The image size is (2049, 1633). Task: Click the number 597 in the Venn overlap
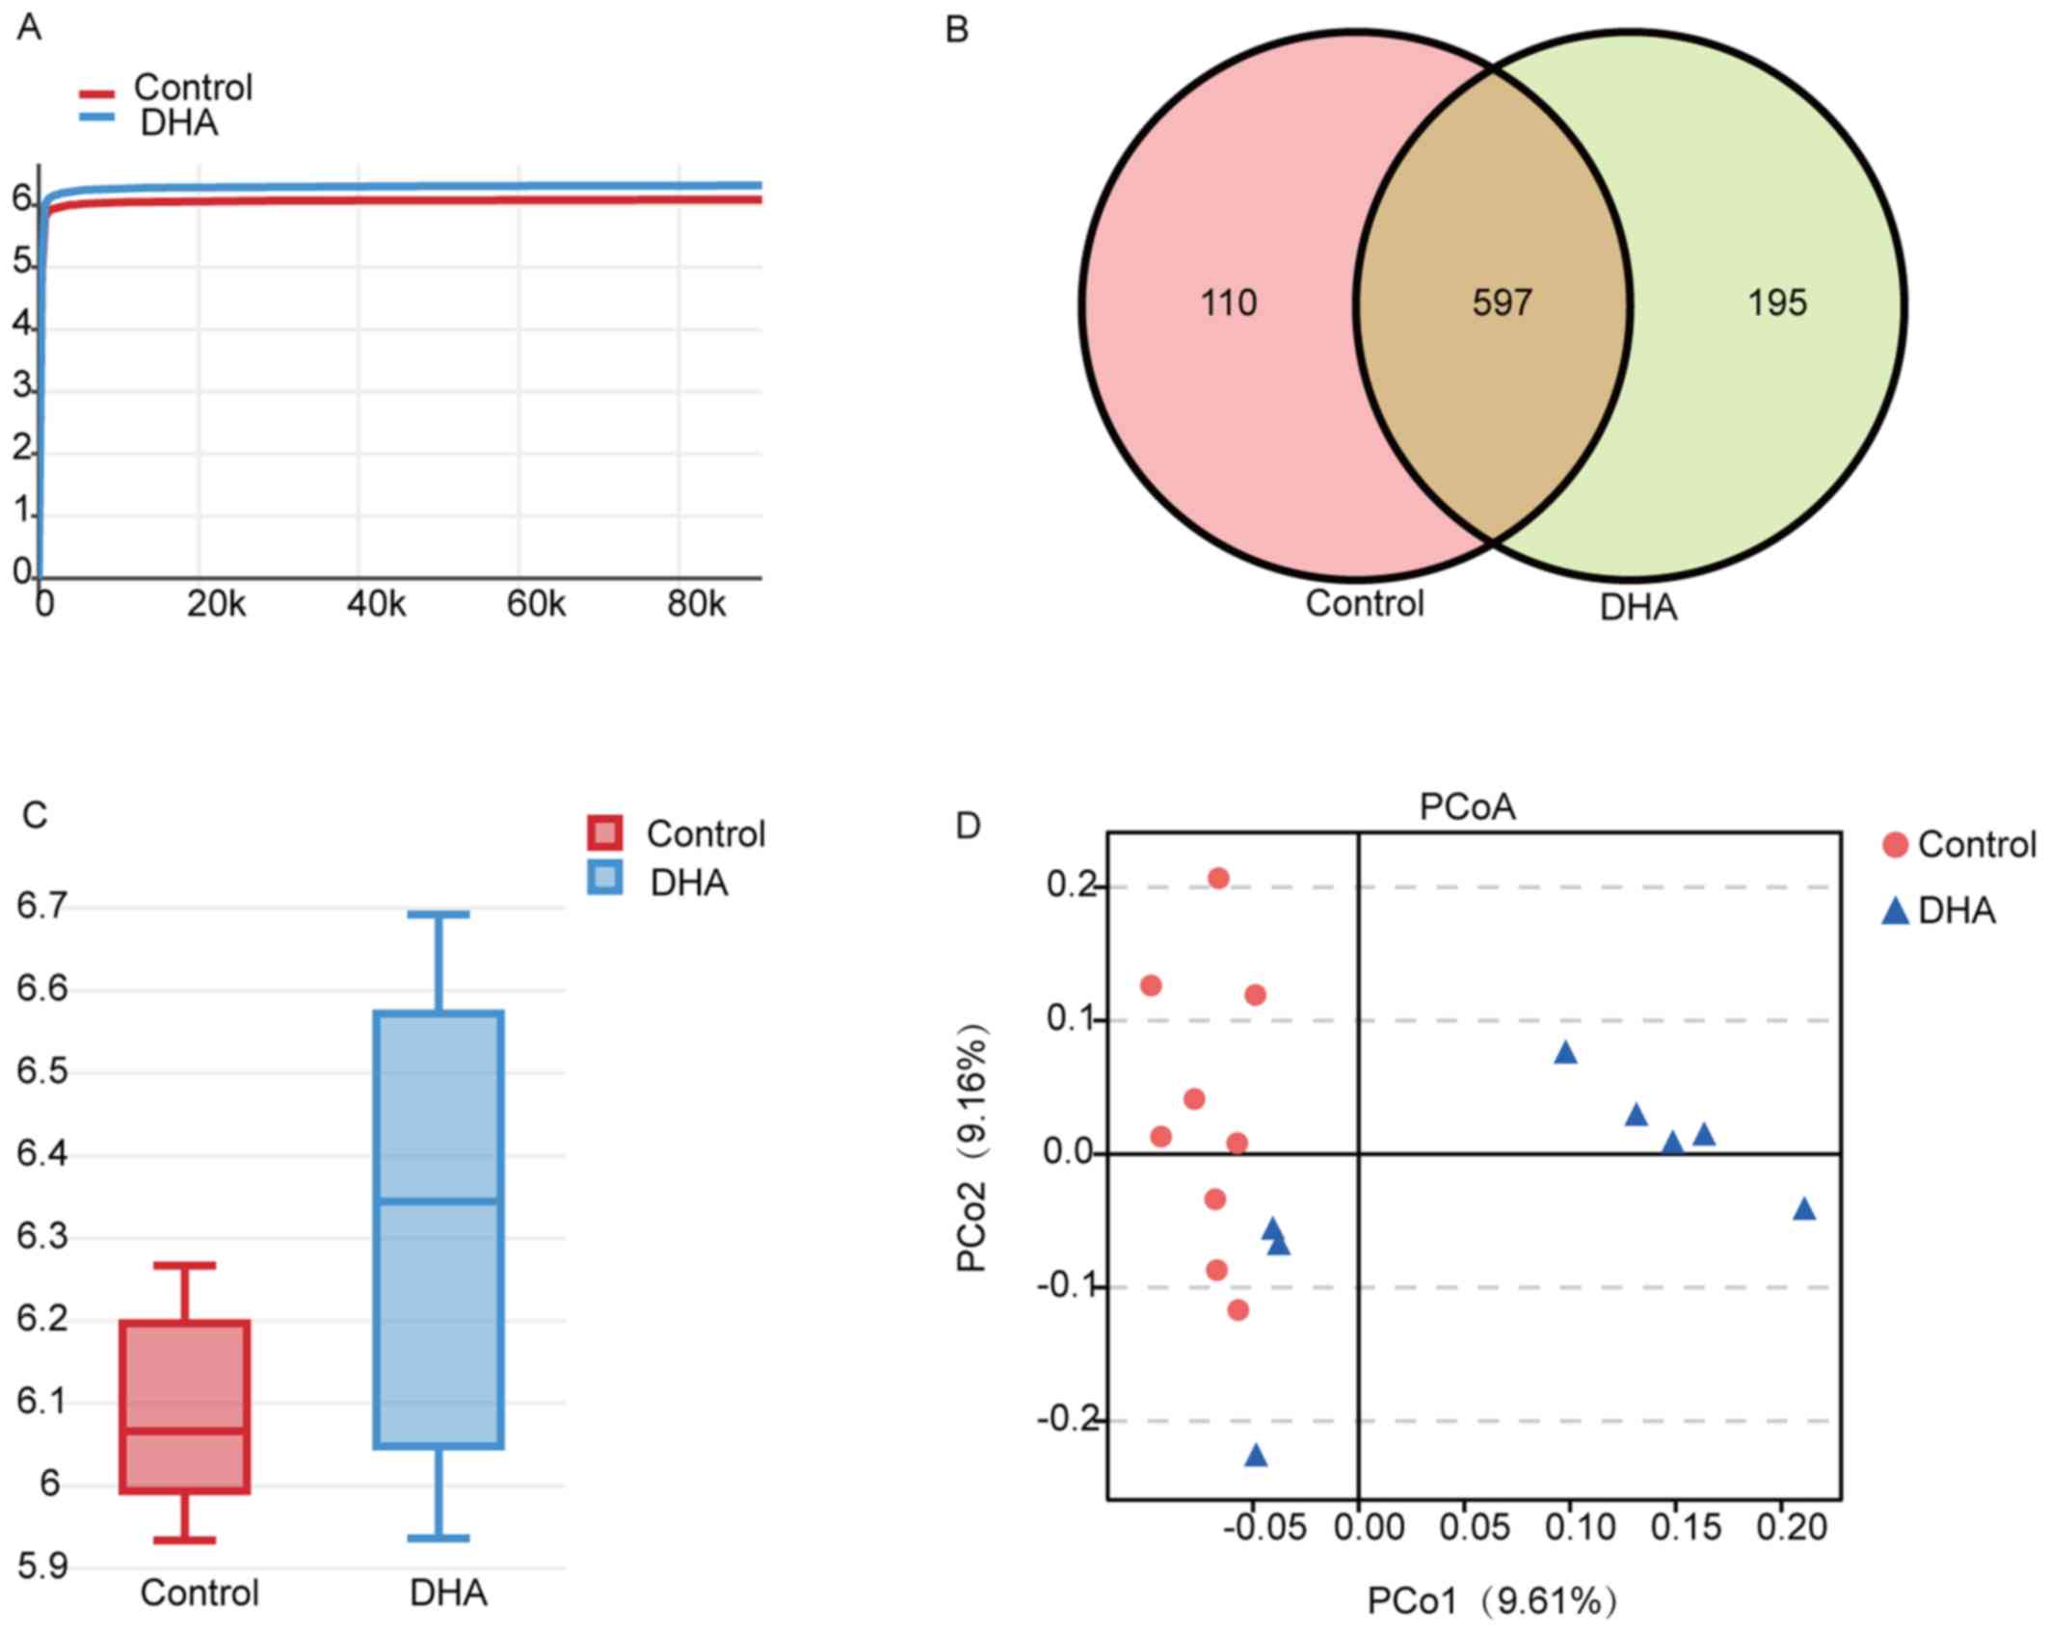pyautogui.click(x=1502, y=303)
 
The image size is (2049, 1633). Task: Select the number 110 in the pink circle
pyautogui.click(x=1228, y=303)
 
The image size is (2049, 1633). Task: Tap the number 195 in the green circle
pyautogui.click(x=1776, y=303)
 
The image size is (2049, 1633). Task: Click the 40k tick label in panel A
pyautogui.click(x=376, y=605)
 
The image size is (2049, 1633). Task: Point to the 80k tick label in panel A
pyautogui.click(x=696, y=605)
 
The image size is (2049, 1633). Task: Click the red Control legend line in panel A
pyautogui.click(x=96, y=93)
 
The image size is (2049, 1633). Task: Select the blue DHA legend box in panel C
pyautogui.click(x=604, y=879)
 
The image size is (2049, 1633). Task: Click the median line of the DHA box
pyautogui.click(x=439, y=1200)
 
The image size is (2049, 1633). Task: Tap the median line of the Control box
pyautogui.click(x=185, y=1430)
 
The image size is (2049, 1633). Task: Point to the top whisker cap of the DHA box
pyautogui.click(x=439, y=914)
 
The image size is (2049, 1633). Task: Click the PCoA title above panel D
pyautogui.click(x=1467, y=807)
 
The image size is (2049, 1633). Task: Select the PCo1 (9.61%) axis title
pyautogui.click(x=1492, y=1601)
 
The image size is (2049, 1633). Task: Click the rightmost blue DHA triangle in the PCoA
pyautogui.click(x=1804, y=1209)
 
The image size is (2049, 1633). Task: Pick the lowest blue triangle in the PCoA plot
pyautogui.click(x=1255, y=1456)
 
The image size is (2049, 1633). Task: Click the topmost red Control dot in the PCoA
pyautogui.click(x=1218, y=878)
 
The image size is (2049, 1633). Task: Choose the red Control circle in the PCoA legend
pyautogui.click(x=1895, y=845)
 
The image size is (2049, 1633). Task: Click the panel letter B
pyautogui.click(x=956, y=31)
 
